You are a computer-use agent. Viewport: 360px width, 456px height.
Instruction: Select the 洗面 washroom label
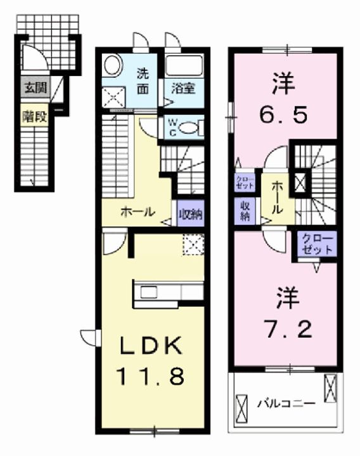[x=144, y=80]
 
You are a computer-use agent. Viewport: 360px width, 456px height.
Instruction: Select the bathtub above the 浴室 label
[x=184, y=66]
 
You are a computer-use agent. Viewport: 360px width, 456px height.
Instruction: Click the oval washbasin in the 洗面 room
[x=113, y=65]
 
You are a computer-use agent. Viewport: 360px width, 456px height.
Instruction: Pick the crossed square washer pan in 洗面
[x=114, y=96]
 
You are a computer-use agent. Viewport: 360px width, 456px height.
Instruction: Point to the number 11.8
[x=150, y=378]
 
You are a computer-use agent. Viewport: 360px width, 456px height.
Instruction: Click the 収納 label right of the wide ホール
[x=190, y=213]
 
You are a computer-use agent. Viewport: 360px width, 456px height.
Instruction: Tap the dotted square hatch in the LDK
[x=191, y=243]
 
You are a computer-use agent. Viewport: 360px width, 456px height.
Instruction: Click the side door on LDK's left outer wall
[x=89, y=336]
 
